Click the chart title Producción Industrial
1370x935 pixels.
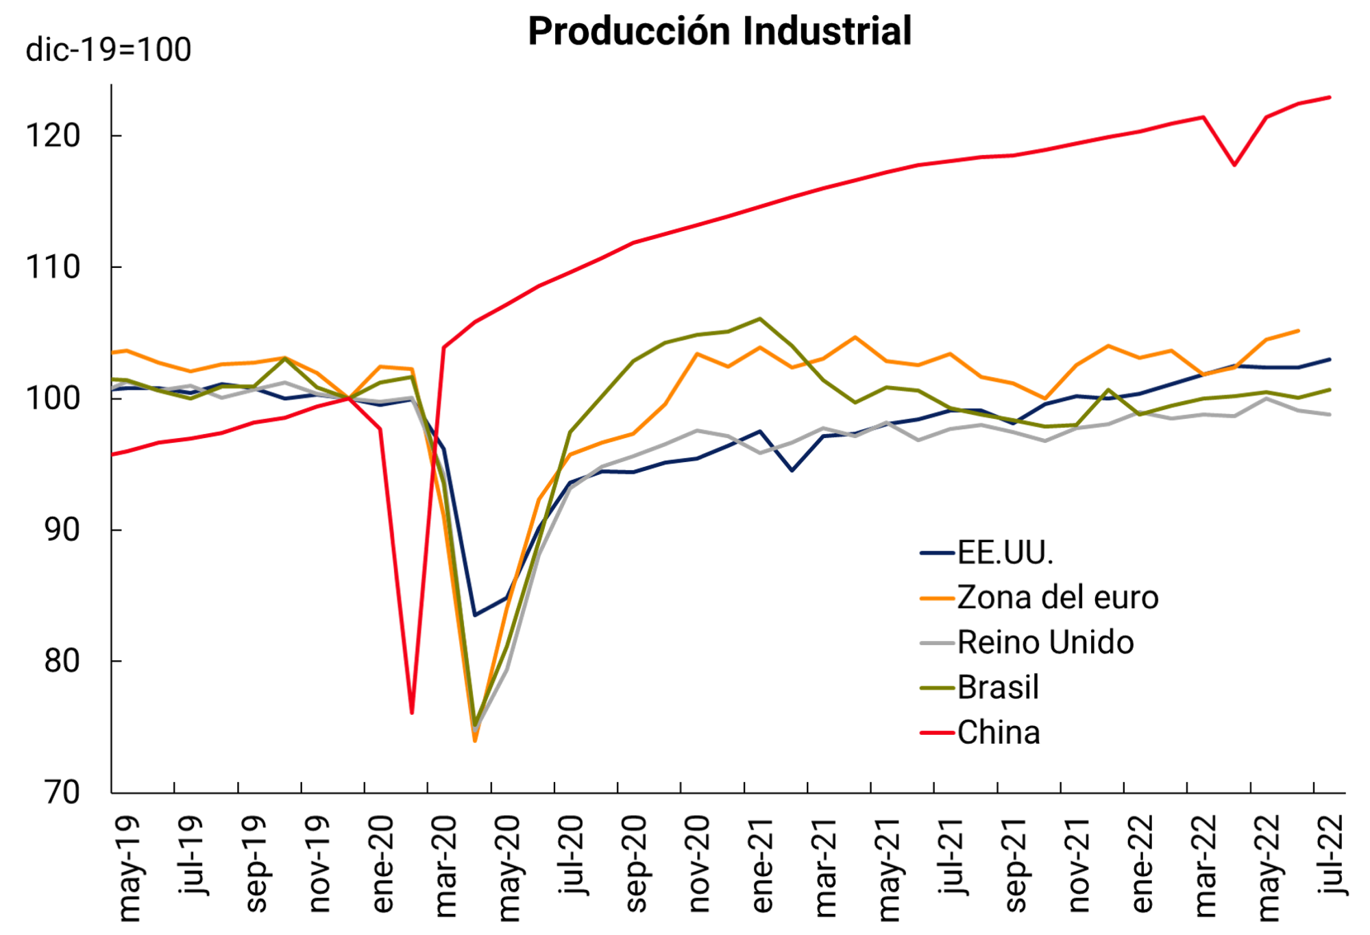tap(719, 32)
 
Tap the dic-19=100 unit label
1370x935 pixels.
tap(108, 50)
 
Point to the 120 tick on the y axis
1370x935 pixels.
tap(53, 136)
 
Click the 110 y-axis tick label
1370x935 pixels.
tap(53, 267)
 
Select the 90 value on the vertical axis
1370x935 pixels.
tap(62, 530)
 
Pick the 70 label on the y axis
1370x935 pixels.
tap(62, 793)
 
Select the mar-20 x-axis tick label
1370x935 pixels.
tap(445, 866)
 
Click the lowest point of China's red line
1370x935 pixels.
tap(412, 713)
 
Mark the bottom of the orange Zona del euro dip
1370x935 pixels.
tap(475, 741)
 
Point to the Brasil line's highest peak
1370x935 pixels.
tap(759, 319)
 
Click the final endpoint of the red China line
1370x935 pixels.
tap(1330, 97)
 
